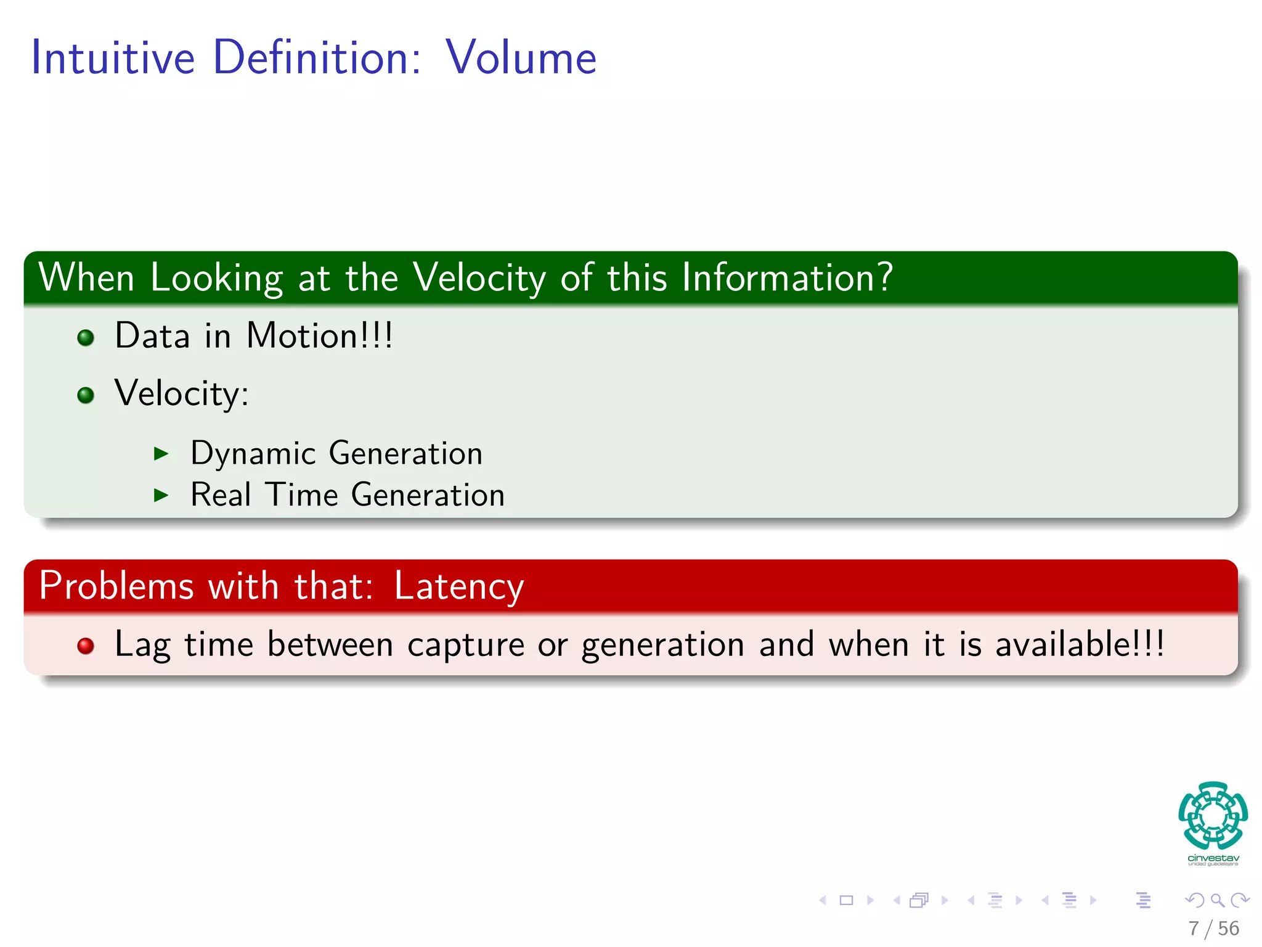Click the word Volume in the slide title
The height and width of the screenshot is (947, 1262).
pos(521,57)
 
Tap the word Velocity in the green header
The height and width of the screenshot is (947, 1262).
pos(479,277)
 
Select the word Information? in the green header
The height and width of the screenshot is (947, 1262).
pos(787,277)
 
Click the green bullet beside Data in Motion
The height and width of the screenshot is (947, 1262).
pos(86,338)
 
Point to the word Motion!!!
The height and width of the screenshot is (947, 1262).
pos(319,336)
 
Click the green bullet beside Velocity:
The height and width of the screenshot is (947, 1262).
pos(86,395)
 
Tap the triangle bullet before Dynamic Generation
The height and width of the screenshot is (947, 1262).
pos(161,454)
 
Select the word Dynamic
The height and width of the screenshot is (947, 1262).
pos(253,454)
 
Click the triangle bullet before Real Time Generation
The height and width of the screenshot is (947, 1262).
pos(161,495)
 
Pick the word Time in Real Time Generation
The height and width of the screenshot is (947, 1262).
pos(301,495)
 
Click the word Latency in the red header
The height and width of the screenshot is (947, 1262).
pos(459,586)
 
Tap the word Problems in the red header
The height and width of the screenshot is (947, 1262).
pos(116,586)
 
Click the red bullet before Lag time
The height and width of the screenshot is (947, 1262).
pos(86,646)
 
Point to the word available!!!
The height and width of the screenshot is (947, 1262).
pos(1080,644)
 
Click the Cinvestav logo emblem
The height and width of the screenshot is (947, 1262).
pos(1213,816)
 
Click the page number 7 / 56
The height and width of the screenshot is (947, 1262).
pos(1213,929)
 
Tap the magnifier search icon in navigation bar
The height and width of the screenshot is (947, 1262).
pos(1217,900)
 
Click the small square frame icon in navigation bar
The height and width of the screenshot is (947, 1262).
pos(847,900)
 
